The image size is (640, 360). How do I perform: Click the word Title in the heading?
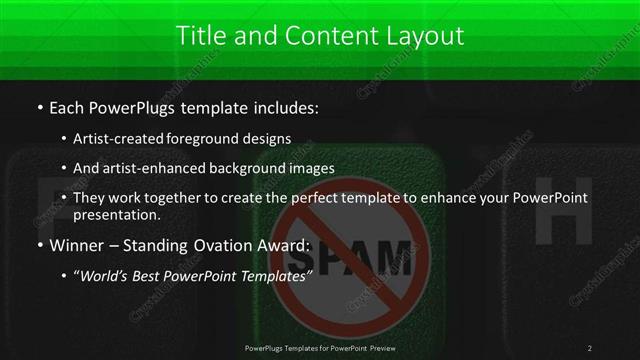[x=198, y=36]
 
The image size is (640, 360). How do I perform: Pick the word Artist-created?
[x=124, y=138]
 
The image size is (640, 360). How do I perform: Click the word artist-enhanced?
[x=153, y=168]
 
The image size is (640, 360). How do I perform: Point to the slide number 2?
[x=590, y=347]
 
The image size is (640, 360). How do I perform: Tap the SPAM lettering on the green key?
[x=355, y=258]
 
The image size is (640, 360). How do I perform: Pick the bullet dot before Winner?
[x=39, y=245]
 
